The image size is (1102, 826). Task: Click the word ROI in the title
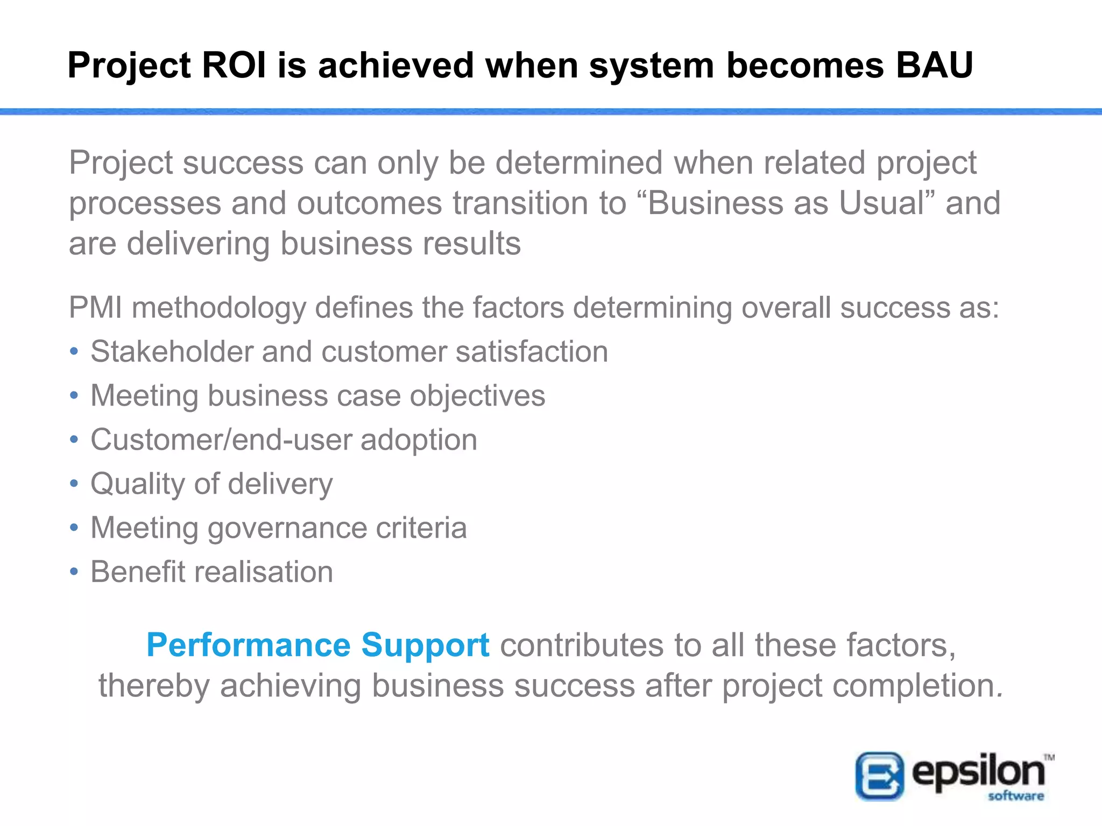click(x=234, y=65)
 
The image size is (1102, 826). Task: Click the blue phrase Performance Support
click(x=317, y=645)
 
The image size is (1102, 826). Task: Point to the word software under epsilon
click(x=1015, y=796)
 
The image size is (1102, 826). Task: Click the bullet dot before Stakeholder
click(x=74, y=352)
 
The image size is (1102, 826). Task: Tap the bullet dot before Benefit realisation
click(x=74, y=572)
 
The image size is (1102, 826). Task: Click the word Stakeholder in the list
click(x=172, y=352)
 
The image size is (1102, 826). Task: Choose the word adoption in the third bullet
click(x=419, y=440)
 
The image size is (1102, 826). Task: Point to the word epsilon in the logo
click(x=978, y=772)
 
